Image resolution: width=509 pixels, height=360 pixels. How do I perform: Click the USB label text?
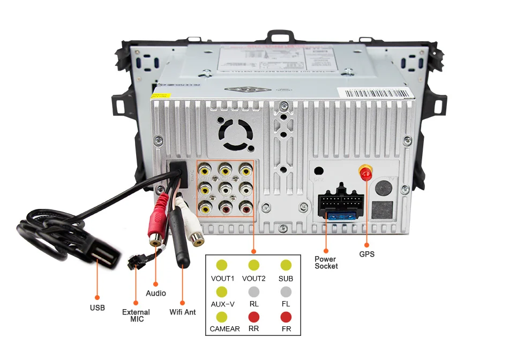(98, 307)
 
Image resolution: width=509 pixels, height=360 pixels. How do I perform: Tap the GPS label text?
(367, 254)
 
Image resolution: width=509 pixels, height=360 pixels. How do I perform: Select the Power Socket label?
(326, 262)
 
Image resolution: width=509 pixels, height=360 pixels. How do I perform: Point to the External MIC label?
(136, 316)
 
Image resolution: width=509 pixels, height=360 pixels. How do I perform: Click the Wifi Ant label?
(183, 312)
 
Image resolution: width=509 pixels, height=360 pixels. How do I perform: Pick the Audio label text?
(156, 293)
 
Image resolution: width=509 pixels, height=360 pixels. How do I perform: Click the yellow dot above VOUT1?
(221, 265)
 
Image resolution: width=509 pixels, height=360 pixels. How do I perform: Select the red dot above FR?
(286, 317)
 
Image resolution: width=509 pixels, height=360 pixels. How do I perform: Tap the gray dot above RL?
(254, 291)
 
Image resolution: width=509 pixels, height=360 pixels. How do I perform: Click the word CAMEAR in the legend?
(224, 329)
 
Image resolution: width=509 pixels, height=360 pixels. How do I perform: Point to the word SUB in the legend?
(286, 279)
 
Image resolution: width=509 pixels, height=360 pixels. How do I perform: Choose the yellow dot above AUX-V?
(221, 291)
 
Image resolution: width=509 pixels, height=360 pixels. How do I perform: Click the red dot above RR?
(254, 317)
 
